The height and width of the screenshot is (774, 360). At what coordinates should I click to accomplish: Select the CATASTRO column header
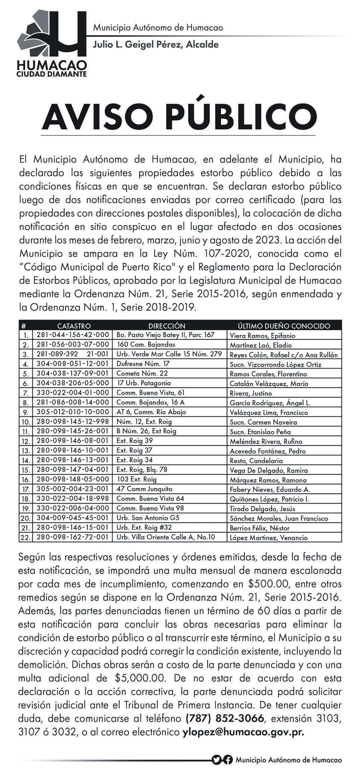tap(74, 326)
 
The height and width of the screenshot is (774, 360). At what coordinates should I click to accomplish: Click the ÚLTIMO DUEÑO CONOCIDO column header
tap(284, 326)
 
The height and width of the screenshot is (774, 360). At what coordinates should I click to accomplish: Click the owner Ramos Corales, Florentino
tap(268, 374)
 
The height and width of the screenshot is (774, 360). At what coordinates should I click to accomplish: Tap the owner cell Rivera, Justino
tap(251, 393)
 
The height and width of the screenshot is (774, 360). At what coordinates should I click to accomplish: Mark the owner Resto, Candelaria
tap(256, 461)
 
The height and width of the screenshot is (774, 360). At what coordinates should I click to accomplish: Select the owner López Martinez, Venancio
tap(268, 538)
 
